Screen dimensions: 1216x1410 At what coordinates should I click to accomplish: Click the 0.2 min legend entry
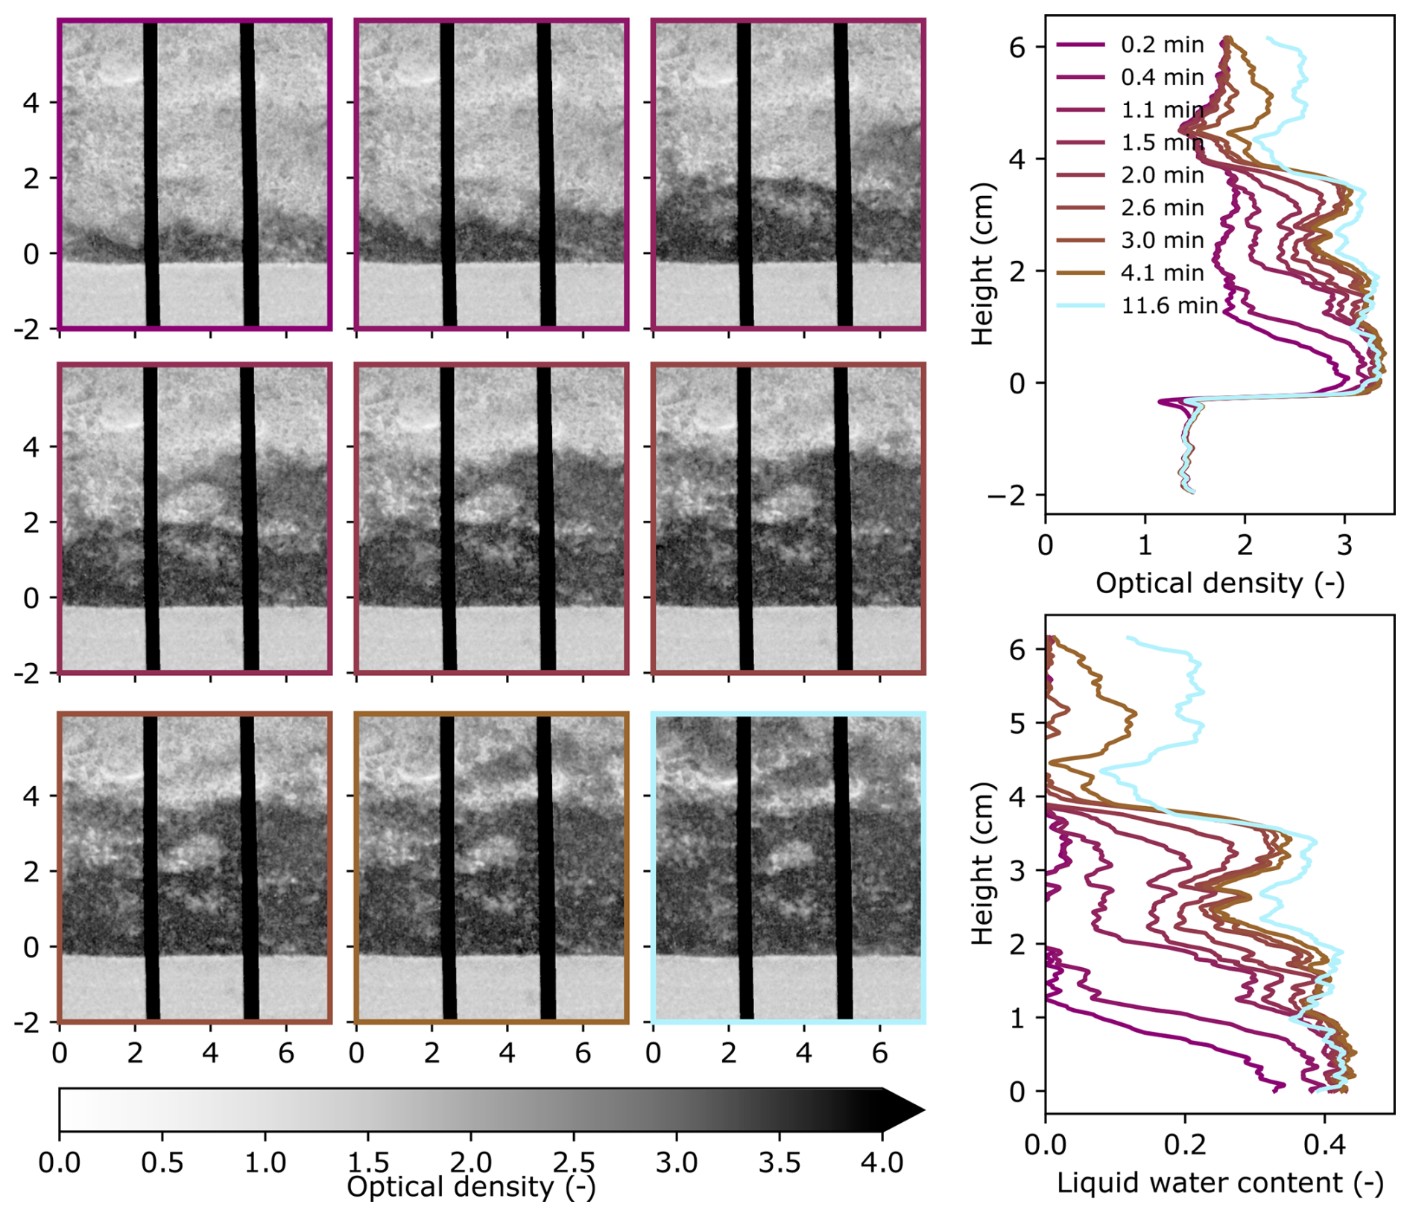pyautogui.click(x=1161, y=45)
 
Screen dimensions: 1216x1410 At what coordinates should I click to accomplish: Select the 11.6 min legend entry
pyautogui.click(x=1169, y=305)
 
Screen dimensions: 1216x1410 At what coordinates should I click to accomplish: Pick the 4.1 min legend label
pyautogui.click(x=1162, y=273)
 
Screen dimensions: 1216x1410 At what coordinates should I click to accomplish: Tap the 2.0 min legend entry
pyautogui.click(x=1162, y=175)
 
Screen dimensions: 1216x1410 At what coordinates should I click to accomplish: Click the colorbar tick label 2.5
pyautogui.click(x=573, y=1162)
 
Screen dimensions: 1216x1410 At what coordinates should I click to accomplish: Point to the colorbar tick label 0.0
pyautogui.click(x=60, y=1162)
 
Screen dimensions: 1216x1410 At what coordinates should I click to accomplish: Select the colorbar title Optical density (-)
pyautogui.click(x=471, y=1188)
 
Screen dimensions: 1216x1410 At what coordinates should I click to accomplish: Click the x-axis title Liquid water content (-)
pyautogui.click(x=1219, y=1182)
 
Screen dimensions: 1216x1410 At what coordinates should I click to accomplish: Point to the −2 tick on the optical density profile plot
pyautogui.click(x=1006, y=495)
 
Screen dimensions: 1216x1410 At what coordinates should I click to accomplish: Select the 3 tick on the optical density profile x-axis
pyautogui.click(x=1344, y=545)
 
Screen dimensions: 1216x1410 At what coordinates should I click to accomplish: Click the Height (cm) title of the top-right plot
pyautogui.click(x=983, y=265)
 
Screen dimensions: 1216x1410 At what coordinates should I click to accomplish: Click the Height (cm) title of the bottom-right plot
pyautogui.click(x=983, y=864)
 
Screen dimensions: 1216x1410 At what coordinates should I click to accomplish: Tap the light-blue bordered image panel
pyautogui.click(x=788, y=868)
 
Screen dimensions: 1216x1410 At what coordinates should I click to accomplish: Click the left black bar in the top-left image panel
pyautogui.click(x=151, y=174)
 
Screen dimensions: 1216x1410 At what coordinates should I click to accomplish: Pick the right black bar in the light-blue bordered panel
pyautogui.click(x=843, y=868)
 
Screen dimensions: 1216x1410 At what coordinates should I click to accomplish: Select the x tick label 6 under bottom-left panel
pyautogui.click(x=286, y=1054)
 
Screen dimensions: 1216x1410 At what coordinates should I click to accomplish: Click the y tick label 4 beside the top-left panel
pyautogui.click(x=31, y=102)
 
